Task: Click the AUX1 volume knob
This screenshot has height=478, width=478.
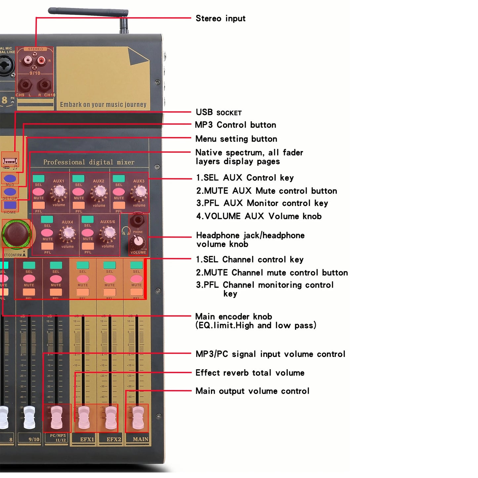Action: coord(59,191)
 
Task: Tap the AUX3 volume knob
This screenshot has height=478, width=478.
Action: coord(139,192)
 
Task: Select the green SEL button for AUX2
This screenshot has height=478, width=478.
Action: coord(78,179)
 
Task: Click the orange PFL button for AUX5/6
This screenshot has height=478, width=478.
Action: coord(88,246)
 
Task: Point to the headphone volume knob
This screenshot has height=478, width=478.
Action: coord(138,240)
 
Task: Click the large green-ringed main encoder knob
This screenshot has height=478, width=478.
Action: coord(17,234)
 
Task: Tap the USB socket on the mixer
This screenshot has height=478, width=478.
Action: coord(10,161)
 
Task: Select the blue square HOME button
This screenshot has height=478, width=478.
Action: coord(10,205)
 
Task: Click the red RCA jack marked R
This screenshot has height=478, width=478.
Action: coord(41,60)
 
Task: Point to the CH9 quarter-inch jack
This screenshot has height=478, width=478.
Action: coord(25,85)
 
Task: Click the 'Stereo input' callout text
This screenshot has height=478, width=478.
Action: coord(220,19)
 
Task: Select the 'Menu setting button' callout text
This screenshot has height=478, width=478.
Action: coord(236,139)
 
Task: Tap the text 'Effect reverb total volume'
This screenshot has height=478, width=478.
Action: coord(250,373)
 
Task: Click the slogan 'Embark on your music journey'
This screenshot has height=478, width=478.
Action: coord(103,105)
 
